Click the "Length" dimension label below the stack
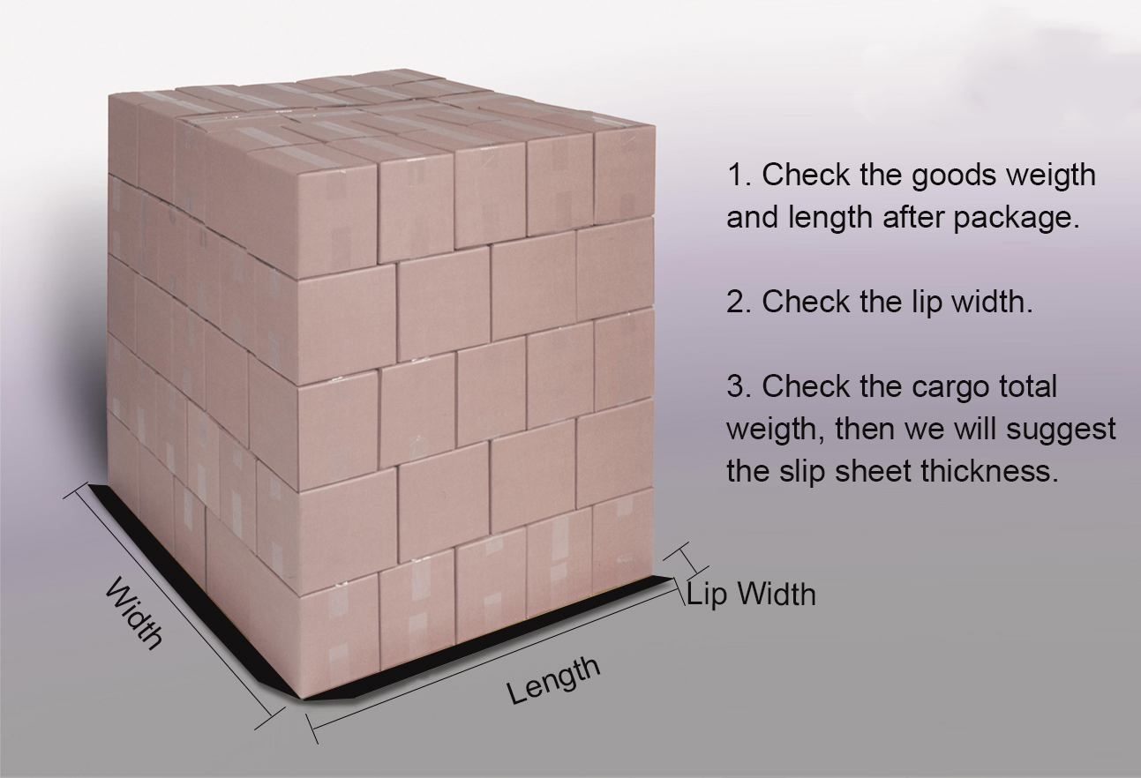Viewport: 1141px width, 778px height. click(553, 680)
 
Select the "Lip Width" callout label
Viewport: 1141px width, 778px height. click(752, 594)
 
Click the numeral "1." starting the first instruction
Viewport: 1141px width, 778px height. click(739, 175)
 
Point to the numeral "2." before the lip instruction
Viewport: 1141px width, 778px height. click(739, 302)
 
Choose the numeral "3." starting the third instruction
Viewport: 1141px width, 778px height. click(739, 386)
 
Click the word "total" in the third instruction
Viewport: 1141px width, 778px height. click(1026, 386)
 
